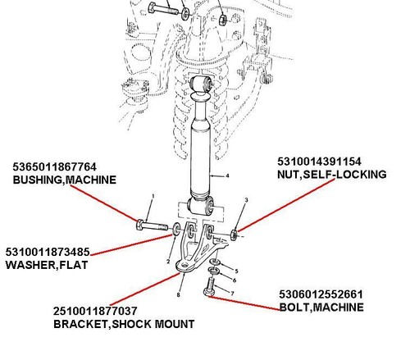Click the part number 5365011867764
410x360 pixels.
pyautogui.click(x=54, y=166)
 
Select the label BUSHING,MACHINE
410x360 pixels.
pyautogui.click(x=65, y=180)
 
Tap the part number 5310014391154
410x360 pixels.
pyautogui.click(x=319, y=162)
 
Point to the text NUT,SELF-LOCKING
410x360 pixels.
pyautogui.click(x=332, y=175)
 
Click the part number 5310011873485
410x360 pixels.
pyautogui.click(x=48, y=252)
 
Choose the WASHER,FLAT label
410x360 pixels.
pyautogui.click(x=47, y=265)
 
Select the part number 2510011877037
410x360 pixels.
pyautogui.click(x=95, y=311)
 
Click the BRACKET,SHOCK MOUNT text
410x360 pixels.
pyautogui.click(x=124, y=324)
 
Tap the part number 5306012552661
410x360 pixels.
pyautogui.click(x=321, y=294)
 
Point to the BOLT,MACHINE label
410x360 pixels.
pyautogui.click(x=321, y=308)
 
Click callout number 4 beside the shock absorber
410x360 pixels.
pyautogui.click(x=227, y=175)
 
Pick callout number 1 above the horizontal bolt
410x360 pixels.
pyautogui.click(x=153, y=196)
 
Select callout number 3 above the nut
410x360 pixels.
pyautogui.click(x=246, y=200)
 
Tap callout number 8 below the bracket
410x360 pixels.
pyautogui.click(x=178, y=295)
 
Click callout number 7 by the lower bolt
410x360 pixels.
pyautogui.click(x=232, y=294)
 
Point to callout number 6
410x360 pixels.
pyautogui.click(x=235, y=280)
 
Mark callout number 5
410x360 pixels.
pyautogui.click(x=236, y=271)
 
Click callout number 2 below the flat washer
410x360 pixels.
pyautogui.click(x=168, y=262)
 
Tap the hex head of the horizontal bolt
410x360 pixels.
pyautogui.click(x=139, y=225)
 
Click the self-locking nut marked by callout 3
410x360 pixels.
pyautogui.click(x=234, y=235)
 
